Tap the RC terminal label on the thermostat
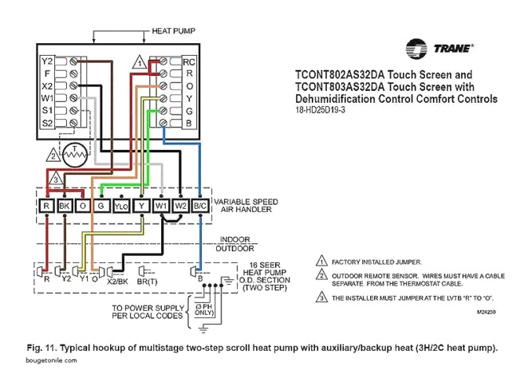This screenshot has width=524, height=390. [188, 61]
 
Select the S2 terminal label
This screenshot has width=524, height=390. [47, 122]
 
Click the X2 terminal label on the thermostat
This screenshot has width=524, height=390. [47, 85]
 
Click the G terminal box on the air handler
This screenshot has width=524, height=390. [100, 206]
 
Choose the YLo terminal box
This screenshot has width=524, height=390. [121, 206]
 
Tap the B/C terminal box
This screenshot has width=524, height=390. [200, 206]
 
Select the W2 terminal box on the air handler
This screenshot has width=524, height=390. [181, 206]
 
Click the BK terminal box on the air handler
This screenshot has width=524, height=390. [65, 206]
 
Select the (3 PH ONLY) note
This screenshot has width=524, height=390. [203, 309]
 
